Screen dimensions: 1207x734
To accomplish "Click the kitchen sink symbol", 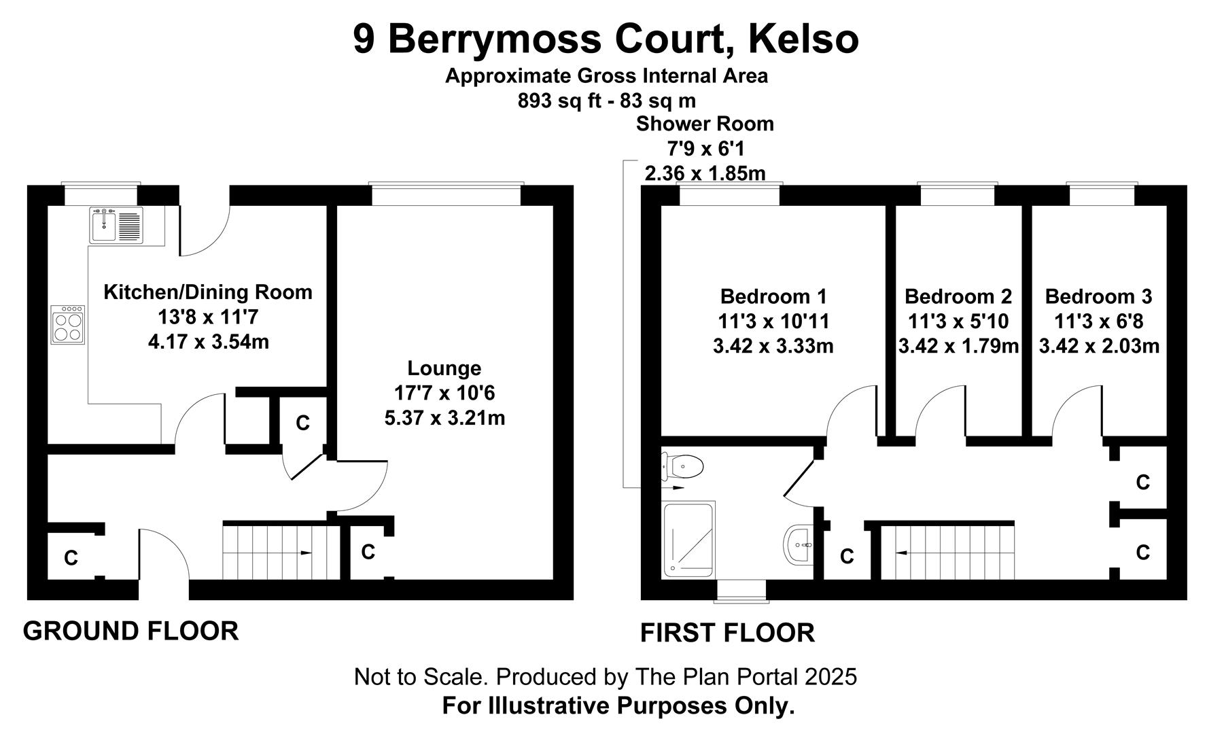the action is click(116, 225).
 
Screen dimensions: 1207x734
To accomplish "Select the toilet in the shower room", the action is click(682, 467).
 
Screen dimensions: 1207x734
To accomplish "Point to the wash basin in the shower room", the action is click(798, 544).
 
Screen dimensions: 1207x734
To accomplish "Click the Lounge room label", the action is click(444, 368).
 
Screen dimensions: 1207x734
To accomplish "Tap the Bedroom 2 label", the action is click(958, 296).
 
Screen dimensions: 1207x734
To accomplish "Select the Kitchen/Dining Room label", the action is click(208, 292).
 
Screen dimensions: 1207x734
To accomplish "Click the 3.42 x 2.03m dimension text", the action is click(1099, 346).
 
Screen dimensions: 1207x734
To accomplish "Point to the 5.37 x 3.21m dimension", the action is click(444, 417).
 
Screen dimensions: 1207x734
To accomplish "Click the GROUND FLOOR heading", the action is click(131, 631).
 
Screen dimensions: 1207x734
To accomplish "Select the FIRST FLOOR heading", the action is click(728, 633).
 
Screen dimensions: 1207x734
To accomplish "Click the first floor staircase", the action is click(947, 550).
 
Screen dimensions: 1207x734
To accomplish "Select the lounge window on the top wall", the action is click(447, 194).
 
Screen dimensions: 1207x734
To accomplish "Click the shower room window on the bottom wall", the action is click(742, 591).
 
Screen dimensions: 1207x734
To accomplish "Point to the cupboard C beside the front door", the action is click(71, 558).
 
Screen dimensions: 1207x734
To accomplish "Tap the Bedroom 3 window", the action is click(1102, 194).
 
